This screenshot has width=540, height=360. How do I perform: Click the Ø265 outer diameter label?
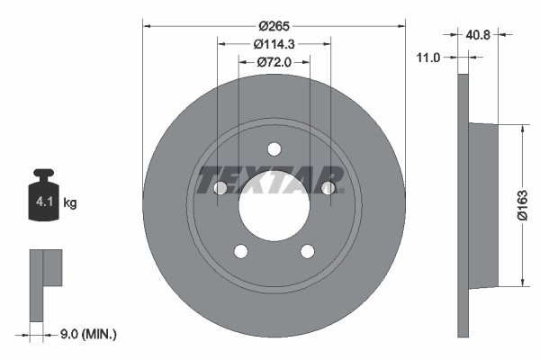pyautogui.click(x=274, y=27)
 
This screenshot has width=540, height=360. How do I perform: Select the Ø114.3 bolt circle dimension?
pyautogui.click(x=274, y=44)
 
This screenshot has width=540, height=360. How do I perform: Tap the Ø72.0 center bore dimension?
pyautogui.click(x=274, y=62)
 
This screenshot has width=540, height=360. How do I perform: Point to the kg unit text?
pyautogui.click(x=70, y=203)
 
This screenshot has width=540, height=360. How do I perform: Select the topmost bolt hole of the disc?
pyautogui.click(x=274, y=149)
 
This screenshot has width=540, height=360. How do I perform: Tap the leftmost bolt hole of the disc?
pyautogui.click(x=220, y=188)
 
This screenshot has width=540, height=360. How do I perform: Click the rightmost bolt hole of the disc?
pyautogui.click(x=328, y=188)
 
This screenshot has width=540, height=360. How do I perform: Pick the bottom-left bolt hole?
pyautogui.click(x=240, y=252)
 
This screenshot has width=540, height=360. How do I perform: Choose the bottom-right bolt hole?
pyautogui.click(x=308, y=252)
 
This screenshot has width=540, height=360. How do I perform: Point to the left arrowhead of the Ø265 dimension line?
pyautogui.click(x=147, y=27)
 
